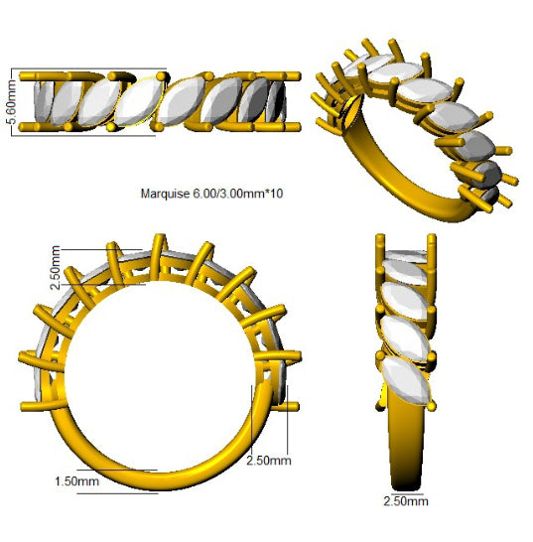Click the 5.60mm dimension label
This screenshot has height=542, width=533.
coord(11,101)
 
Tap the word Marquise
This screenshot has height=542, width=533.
coord(165,194)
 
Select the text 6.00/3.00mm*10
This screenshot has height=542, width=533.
coord(238,194)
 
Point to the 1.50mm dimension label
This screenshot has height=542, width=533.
coord(76,481)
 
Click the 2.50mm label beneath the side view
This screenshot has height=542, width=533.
coord(406,501)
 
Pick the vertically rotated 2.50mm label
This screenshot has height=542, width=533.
coord(56,268)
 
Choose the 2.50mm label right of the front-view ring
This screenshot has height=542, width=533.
coord(269,461)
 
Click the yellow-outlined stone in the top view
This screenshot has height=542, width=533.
coord(139,101)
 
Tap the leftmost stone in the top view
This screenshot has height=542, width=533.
coord(44,101)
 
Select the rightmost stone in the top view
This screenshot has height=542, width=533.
coord(276,101)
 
